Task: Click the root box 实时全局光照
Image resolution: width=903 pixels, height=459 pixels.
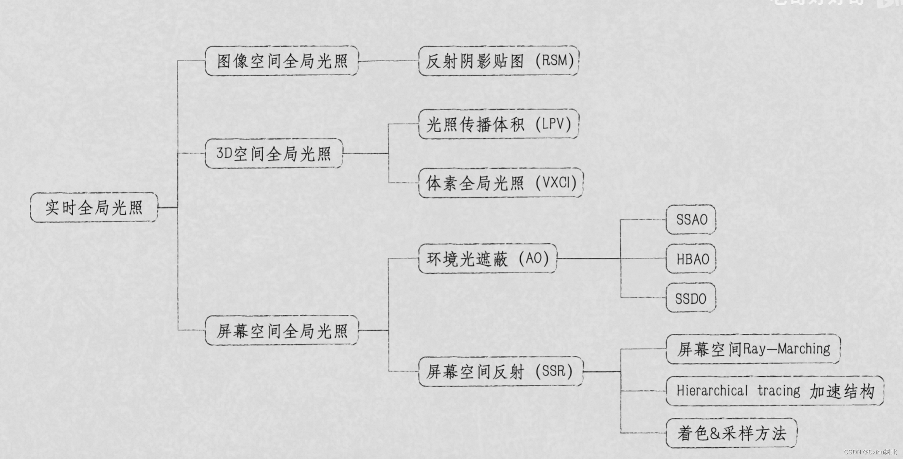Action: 94,207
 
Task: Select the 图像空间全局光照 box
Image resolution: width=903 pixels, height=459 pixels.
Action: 281,61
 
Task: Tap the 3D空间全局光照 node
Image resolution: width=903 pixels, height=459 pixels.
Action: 274,154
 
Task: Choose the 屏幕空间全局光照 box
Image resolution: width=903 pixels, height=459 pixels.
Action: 281,331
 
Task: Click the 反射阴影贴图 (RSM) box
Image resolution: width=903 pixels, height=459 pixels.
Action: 499,61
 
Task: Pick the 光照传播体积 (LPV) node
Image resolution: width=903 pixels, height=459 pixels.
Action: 499,124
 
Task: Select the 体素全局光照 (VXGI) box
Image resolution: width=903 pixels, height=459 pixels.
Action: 501,183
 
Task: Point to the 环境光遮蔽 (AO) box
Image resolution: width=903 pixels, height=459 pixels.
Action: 487,259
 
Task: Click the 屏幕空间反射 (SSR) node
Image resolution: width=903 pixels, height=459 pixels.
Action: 500,371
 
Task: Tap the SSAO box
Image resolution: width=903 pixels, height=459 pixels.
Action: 691,219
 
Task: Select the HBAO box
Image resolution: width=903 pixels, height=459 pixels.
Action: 691,259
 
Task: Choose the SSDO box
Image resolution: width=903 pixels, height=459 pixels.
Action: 691,299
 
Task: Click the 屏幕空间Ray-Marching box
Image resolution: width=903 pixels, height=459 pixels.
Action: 753,349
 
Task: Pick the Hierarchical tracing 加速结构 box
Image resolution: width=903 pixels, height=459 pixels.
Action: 775,391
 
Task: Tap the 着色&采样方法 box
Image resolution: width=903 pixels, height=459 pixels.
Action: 731,433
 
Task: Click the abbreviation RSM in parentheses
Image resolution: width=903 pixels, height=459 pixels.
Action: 554,60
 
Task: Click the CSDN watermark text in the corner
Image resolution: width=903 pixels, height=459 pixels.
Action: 870,452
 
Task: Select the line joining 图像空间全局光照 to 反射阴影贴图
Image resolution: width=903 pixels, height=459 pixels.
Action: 388,61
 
